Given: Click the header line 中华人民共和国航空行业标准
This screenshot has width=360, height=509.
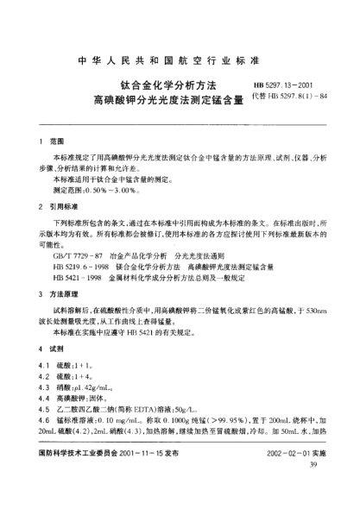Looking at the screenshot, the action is (180, 63).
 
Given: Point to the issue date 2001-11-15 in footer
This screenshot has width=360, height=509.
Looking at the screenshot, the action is (156, 476).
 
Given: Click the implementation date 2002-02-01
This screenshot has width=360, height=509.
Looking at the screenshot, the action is (288, 476).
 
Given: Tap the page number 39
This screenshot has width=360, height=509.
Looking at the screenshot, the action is (314, 490).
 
